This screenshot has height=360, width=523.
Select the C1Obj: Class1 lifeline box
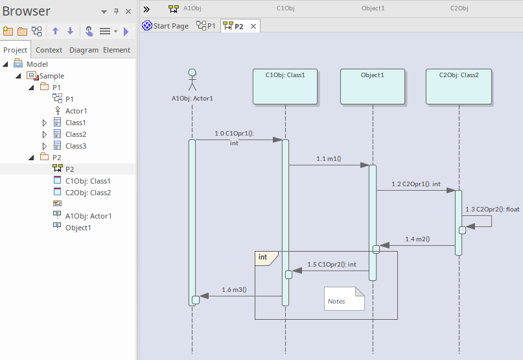click(x=285, y=86)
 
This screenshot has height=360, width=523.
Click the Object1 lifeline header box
click(x=373, y=86)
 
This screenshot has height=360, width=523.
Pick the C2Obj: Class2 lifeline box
click(x=459, y=86)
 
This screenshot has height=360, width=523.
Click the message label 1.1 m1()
click(x=329, y=158)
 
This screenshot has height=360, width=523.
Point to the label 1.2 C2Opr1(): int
click(x=415, y=184)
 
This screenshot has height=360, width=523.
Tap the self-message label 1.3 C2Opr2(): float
click(x=493, y=210)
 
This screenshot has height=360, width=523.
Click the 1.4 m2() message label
click(x=417, y=239)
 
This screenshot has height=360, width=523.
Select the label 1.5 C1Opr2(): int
click(x=332, y=264)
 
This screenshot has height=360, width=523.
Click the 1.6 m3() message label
click(x=234, y=289)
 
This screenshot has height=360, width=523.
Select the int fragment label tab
click(x=264, y=258)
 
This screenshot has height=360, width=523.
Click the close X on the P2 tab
click(x=253, y=26)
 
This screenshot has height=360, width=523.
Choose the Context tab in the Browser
click(x=49, y=50)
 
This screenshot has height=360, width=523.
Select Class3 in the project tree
click(x=75, y=146)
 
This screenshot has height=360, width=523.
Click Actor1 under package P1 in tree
click(x=76, y=111)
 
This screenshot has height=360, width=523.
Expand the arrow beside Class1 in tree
click(x=44, y=123)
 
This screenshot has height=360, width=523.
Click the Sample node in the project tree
click(x=52, y=76)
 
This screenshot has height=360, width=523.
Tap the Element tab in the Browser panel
click(x=117, y=50)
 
